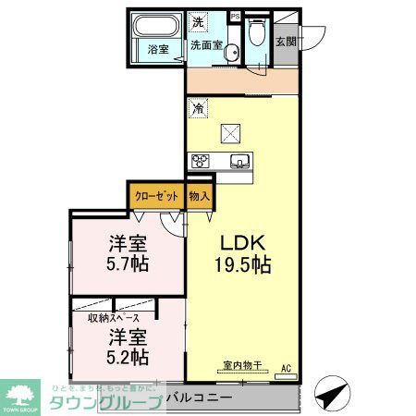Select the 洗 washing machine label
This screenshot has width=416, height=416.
tap(198, 21)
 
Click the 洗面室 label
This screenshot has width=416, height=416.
tap(205, 44)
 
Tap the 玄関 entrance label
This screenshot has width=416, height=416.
tap(287, 41)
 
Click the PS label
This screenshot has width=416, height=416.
tap(233, 16)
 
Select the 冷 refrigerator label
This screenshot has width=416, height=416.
tap(198, 109)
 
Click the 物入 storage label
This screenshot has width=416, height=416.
tap(200, 196)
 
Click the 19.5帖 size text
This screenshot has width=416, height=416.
tap(244, 265)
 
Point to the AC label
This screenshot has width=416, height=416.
tap(286, 367)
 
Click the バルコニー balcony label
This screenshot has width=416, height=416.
tap(212, 398)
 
